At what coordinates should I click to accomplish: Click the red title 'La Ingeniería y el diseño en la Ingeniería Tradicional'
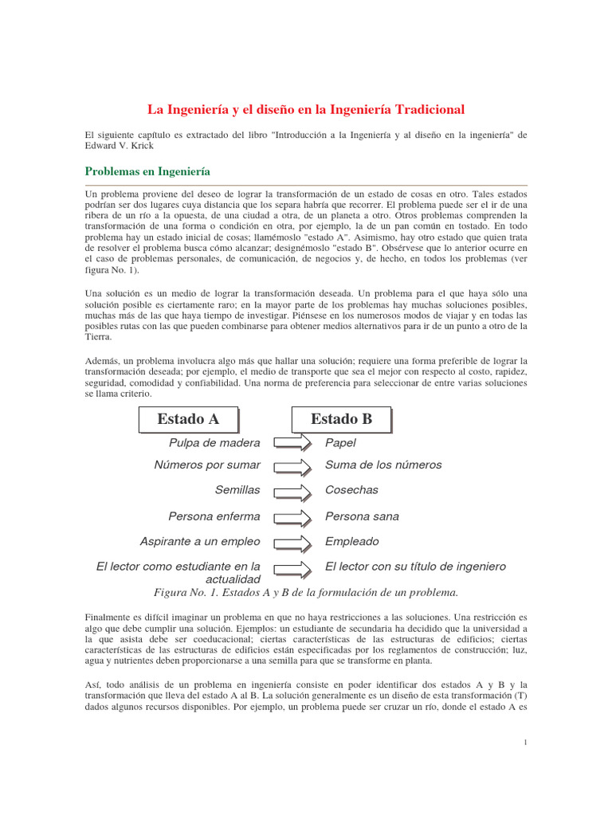pyautogui.click(x=306, y=108)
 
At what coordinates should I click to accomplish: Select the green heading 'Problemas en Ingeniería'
pyautogui.click(x=147, y=172)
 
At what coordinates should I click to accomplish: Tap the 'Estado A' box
pyautogui.click(x=188, y=419)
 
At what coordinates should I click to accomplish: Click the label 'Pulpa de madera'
pyautogui.click(x=214, y=443)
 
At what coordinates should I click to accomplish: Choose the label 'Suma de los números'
pyautogui.click(x=383, y=465)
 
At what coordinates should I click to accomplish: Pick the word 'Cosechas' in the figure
pyautogui.click(x=351, y=490)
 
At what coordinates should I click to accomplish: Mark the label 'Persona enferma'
pyautogui.click(x=214, y=516)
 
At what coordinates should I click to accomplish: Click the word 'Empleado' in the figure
pyautogui.click(x=352, y=542)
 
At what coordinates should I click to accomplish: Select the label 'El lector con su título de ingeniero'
pyautogui.click(x=415, y=567)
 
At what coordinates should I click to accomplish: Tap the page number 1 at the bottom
pyautogui.click(x=526, y=743)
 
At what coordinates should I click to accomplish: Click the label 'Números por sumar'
pyautogui.click(x=207, y=465)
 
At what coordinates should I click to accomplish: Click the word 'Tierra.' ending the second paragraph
pyautogui.click(x=100, y=337)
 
